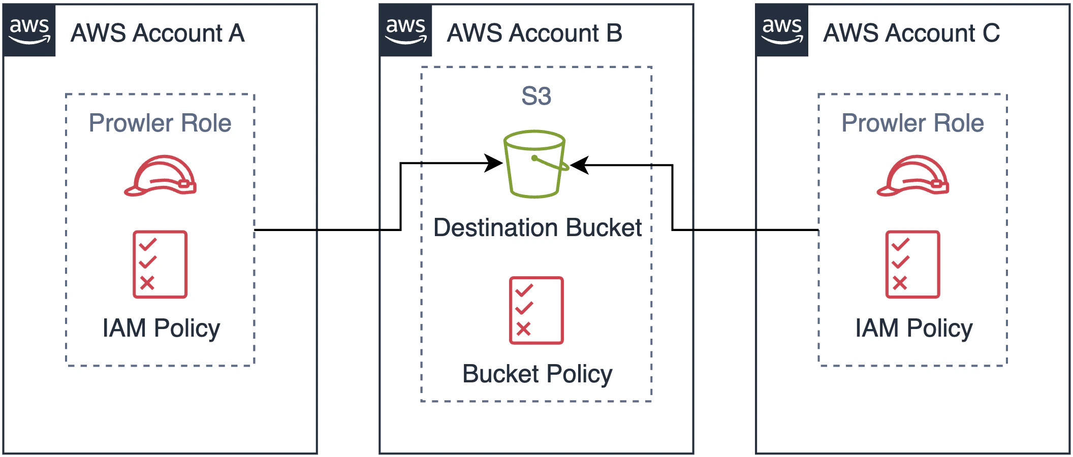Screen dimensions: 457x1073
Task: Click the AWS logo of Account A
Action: point(29,30)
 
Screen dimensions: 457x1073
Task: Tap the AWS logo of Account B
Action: point(405,30)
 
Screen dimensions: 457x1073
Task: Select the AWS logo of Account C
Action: point(782,30)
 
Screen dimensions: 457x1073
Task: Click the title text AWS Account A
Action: point(157,34)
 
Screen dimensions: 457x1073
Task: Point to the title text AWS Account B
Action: point(534,34)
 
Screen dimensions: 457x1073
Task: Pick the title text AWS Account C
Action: point(911,34)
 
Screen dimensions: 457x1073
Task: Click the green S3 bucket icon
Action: point(535,164)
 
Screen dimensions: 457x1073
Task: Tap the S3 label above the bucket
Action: point(536,96)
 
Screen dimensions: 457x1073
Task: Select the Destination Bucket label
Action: point(538,227)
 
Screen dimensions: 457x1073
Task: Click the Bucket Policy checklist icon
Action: point(536,310)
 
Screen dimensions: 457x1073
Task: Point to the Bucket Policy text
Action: point(537,374)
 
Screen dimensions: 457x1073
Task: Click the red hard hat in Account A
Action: point(161,176)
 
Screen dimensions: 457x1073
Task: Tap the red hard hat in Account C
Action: point(913,176)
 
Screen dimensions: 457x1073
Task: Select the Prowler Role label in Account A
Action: point(160,123)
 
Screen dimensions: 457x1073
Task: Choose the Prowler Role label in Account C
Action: point(912,123)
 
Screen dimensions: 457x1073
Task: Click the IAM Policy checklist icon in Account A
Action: point(160,264)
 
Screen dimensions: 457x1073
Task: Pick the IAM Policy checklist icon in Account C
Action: point(912,264)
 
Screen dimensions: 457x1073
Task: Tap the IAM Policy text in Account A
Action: point(161,328)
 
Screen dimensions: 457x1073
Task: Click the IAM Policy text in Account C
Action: point(913,328)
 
